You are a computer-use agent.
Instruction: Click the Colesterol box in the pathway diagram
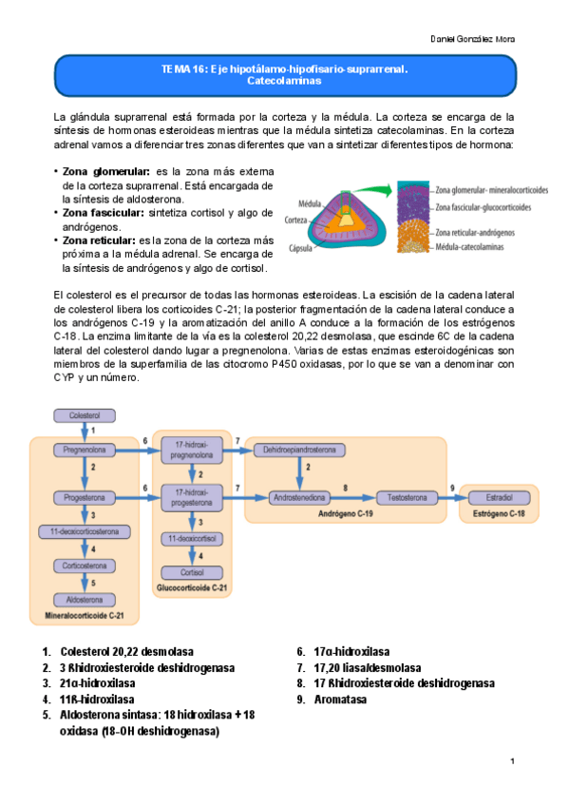[x=85, y=415]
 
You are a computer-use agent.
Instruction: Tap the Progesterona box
[x=84, y=497]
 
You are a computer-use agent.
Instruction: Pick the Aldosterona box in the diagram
[x=84, y=599]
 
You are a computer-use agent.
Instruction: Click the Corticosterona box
[x=84, y=565]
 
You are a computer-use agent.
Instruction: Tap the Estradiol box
[x=499, y=497]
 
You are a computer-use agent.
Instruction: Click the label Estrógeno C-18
[x=499, y=513]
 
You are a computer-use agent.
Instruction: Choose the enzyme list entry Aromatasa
[x=340, y=700]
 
